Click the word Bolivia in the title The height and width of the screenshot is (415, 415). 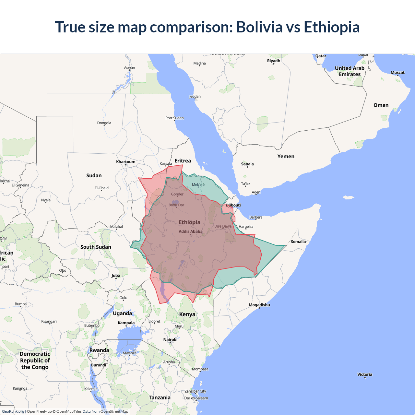point(259,27)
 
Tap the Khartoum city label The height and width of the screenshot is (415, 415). point(126,162)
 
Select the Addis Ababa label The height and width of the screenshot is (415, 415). point(190,231)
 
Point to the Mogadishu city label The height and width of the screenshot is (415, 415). point(259,305)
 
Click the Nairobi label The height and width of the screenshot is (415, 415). point(170,340)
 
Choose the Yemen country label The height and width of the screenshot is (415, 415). point(286,157)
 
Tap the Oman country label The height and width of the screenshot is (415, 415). point(381,105)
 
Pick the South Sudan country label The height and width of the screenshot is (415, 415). point(96,247)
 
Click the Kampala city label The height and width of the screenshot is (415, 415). point(126,323)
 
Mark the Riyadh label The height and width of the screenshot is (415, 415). point(274,61)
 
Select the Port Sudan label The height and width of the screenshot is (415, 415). point(174,118)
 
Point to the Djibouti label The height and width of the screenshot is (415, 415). point(233,205)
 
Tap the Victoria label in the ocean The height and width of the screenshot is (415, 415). point(365,374)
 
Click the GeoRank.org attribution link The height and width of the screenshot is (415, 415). point(13,411)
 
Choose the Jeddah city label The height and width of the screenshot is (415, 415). point(195,97)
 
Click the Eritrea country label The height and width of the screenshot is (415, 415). point(183,161)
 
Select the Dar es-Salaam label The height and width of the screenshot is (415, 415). point(196,398)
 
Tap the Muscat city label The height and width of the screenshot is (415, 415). point(397,73)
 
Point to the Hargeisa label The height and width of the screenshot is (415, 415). point(246,227)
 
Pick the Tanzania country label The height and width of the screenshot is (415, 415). point(160,398)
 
